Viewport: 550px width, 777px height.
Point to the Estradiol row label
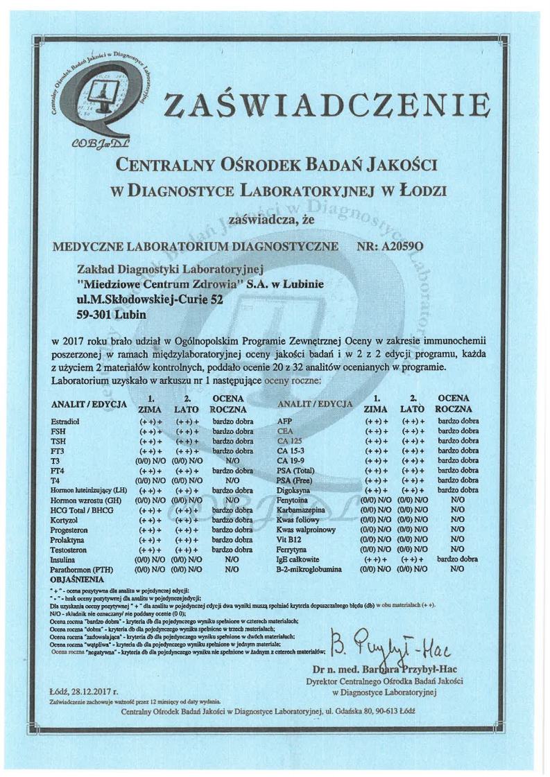pyautogui.click(x=66, y=421)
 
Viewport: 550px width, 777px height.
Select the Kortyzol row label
pyautogui.click(x=65, y=519)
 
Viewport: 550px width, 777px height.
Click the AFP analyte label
pyautogui.click(x=284, y=421)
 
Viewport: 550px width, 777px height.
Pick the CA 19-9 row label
pyautogui.click(x=291, y=460)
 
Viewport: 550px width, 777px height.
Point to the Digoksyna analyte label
pyautogui.click(x=294, y=490)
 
